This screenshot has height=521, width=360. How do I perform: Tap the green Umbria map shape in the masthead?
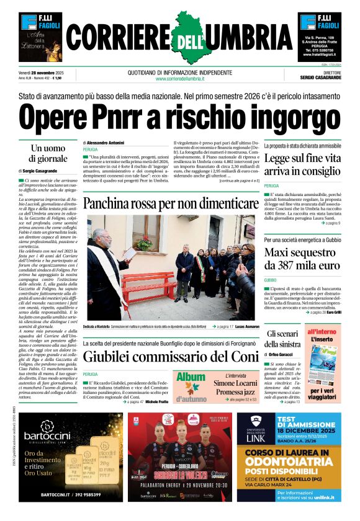(x=180, y=34)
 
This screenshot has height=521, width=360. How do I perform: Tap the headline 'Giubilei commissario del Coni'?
(x=171, y=357)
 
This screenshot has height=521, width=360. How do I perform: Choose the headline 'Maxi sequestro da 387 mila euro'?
(x=302, y=260)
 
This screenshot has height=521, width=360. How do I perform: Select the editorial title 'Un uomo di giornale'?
(x=48, y=154)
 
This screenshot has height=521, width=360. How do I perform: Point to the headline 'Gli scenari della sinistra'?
(x=284, y=339)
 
